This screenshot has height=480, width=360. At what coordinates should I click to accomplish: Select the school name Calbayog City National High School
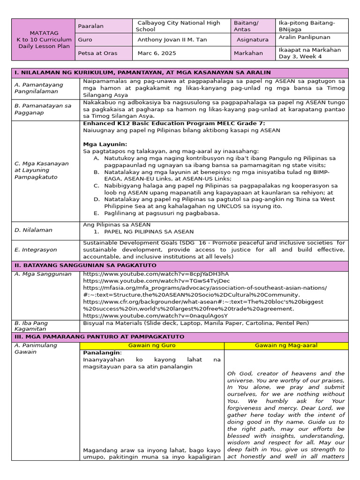[178, 26]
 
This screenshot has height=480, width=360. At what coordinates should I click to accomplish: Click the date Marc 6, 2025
[157, 53]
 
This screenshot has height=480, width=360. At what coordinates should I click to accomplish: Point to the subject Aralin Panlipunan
[304, 37]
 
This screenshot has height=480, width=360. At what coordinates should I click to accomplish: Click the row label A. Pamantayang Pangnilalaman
[39, 88]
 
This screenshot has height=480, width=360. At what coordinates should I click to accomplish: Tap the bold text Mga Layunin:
[105, 144]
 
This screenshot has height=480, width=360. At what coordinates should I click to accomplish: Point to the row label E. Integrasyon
[36, 250]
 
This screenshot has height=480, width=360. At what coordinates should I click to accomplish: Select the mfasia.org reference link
[205, 288]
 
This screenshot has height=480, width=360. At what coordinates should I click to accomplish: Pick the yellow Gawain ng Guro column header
[151, 345]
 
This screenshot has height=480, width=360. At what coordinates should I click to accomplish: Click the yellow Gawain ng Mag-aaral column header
[286, 345]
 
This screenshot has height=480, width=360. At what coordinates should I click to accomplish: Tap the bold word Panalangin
[102, 352]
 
